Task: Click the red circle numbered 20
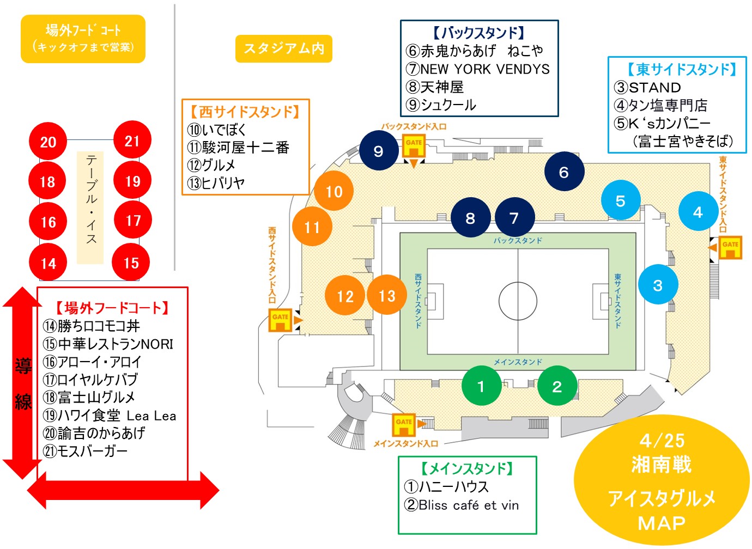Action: point(48,142)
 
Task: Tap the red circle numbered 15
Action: point(131,263)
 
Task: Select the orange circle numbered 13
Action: point(387,295)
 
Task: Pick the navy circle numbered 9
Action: point(379,151)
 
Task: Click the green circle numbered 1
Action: point(481,386)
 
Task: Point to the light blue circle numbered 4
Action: point(698,211)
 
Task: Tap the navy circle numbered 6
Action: point(564,172)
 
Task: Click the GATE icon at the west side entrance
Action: point(280,320)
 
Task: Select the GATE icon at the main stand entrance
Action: point(404,425)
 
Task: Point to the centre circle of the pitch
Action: point(518,301)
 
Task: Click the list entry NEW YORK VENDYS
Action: point(478,69)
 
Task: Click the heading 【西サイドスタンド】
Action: point(245,112)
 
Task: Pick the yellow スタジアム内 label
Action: point(284,49)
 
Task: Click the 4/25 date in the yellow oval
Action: point(662,440)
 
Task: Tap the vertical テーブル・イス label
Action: point(91,199)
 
